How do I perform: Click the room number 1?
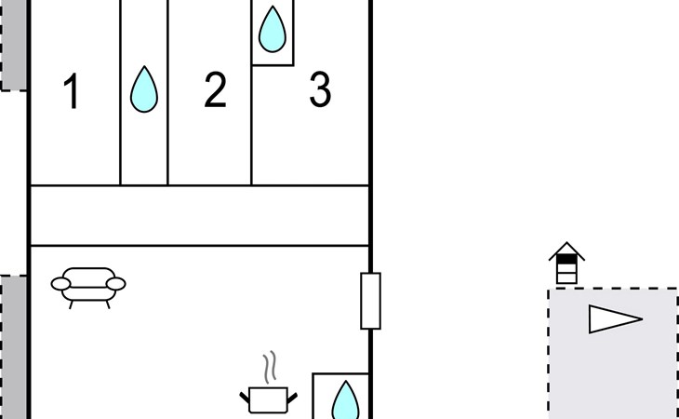click(72, 92)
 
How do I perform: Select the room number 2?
click(215, 91)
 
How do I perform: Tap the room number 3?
click(320, 91)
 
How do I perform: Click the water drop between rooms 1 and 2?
click(143, 90)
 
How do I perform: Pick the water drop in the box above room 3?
click(273, 31)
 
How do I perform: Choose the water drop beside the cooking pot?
click(345, 401)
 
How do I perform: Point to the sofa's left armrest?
click(60, 284)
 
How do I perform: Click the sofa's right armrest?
click(116, 284)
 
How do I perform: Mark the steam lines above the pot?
click(270, 368)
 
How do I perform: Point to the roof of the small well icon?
click(566, 251)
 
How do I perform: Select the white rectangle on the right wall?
click(370, 301)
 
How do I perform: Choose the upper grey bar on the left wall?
click(14, 47)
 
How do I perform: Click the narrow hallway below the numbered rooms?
click(200, 215)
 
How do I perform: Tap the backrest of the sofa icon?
click(88, 276)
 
